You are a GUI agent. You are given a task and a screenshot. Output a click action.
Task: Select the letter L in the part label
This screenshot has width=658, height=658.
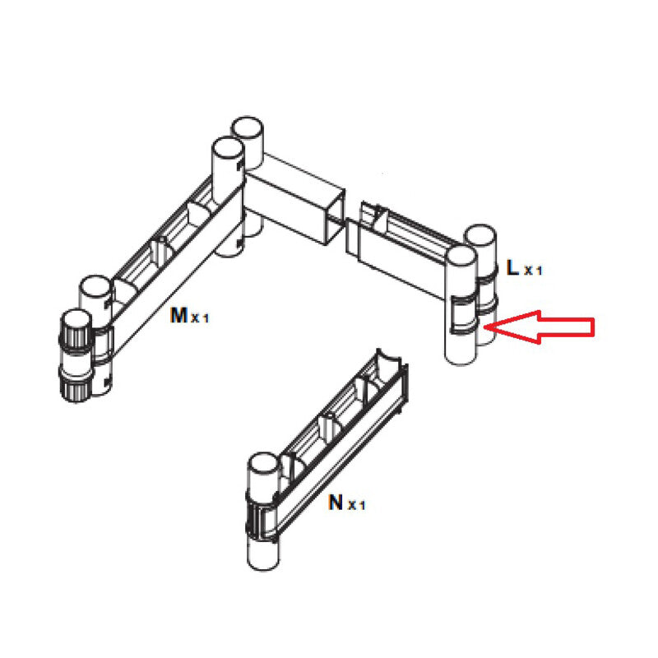512,267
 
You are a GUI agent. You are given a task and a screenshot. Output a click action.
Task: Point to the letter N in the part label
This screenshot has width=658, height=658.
336,502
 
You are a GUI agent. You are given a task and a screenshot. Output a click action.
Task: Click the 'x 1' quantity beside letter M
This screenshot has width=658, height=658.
201,318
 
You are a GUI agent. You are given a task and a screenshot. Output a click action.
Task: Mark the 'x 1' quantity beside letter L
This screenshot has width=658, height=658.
533,270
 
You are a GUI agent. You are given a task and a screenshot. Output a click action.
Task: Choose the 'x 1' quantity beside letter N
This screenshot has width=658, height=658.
356,505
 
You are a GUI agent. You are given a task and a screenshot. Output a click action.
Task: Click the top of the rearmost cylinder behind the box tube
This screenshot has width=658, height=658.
247,129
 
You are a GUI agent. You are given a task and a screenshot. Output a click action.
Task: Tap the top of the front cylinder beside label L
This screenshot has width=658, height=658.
461,256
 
